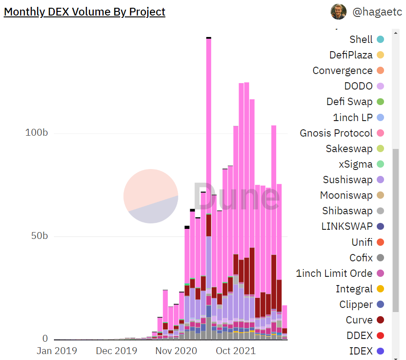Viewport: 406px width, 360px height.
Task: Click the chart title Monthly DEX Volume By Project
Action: click(x=85, y=12)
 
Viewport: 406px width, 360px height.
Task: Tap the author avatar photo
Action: click(x=338, y=11)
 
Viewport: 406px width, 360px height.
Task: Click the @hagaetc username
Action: click(x=377, y=12)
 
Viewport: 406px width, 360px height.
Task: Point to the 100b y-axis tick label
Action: click(x=36, y=133)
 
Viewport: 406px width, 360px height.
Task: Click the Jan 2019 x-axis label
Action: click(x=57, y=351)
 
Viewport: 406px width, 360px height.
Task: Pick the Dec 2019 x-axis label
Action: click(x=117, y=351)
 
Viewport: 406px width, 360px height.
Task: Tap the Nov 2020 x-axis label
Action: click(x=176, y=351)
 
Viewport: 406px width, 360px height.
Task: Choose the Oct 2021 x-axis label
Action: click(x=236, y=351)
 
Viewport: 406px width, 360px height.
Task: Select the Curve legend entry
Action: click(x=359, y=320)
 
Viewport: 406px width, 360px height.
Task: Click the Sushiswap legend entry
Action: click(x=347, y=180)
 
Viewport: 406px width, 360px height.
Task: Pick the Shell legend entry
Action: click(x=361, y=39)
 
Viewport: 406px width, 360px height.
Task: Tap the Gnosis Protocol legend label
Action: click(x=336, y=133)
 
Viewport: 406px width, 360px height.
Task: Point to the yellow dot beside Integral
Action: click(x=380, y=289)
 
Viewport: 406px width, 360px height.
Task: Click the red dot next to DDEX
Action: click(x=380, y=336)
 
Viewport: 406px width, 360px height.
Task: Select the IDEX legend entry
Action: click(x=361, y=351)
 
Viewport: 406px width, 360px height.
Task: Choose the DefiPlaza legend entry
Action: click(x=351, y=55)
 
